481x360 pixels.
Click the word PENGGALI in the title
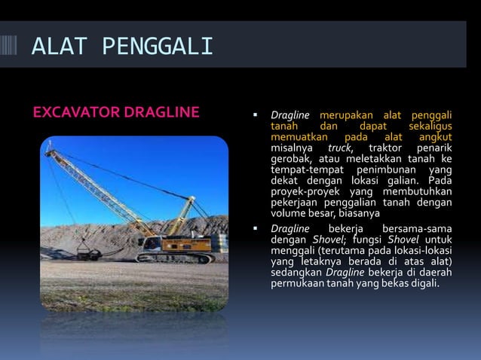point(158,47)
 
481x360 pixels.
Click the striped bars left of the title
point(13,47)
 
